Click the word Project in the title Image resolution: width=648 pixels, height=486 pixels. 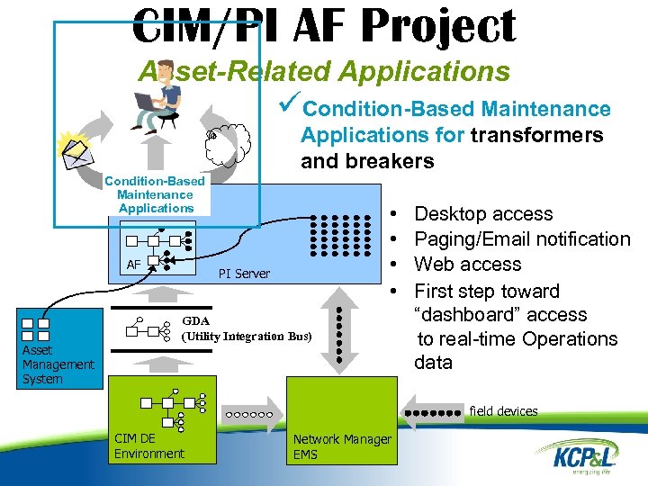click(x=445, y=27)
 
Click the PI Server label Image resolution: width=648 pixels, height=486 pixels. click(x=245, y=274)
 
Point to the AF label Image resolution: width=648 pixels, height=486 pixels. click(x=133, y=265)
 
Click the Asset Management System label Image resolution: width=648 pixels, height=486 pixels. click(x=58, y=364)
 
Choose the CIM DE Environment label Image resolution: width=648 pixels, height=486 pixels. click(x=148, y=446)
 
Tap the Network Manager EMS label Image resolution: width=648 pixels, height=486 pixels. click(x=342, y=446)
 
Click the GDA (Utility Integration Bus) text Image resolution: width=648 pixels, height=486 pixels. click(x=247, y=329)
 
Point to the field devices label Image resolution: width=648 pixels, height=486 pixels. click(x=503, y=411)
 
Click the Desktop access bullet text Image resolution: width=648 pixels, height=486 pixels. click(x=483, y=214)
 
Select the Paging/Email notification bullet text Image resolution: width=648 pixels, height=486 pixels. click(x=522, y=239)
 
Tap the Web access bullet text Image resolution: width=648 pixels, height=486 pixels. click(x=468, y=265)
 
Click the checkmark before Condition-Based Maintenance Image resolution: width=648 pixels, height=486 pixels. click(x=288, y=107)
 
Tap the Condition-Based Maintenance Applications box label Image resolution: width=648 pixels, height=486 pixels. click(x=156, y=195)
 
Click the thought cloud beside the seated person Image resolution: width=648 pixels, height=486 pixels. click(x=227, y=141)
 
